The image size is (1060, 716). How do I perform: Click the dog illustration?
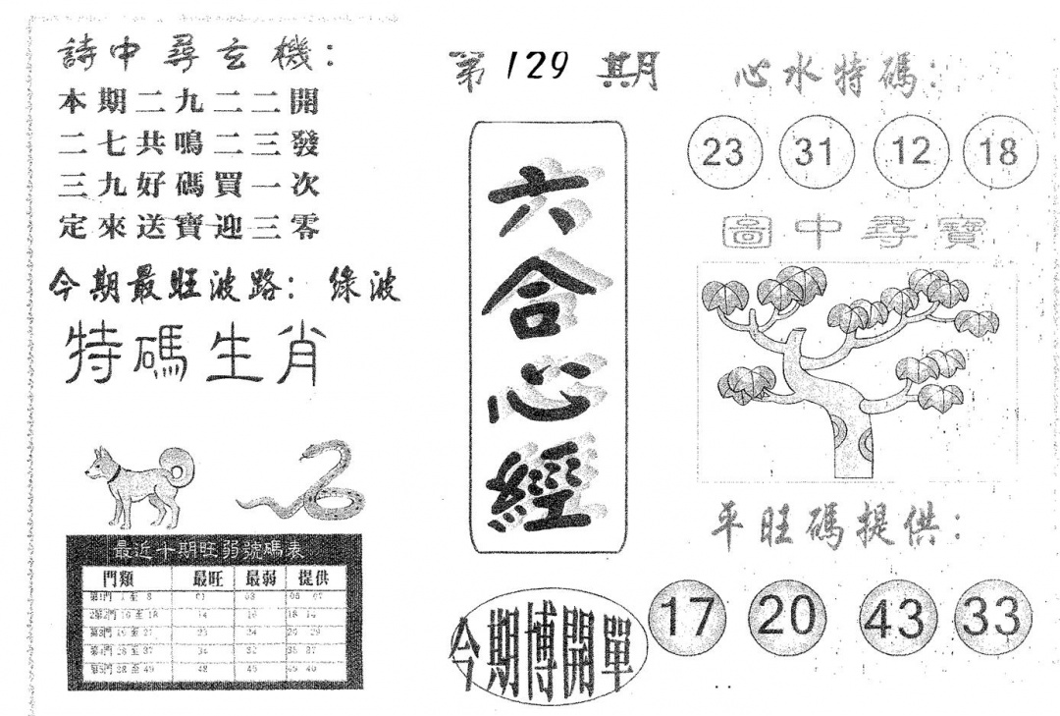click(x=138, y=482)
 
